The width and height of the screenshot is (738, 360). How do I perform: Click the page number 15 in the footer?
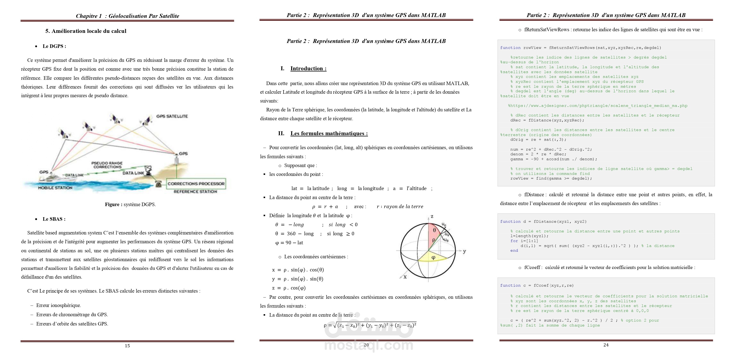127,346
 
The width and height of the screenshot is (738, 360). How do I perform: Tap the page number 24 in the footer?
606,345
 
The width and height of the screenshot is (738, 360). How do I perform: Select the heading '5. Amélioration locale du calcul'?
86,31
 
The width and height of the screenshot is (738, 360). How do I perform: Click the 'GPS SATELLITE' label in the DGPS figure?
172,116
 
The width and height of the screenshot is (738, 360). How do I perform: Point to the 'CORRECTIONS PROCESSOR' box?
196,183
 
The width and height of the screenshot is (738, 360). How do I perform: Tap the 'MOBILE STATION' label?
55,188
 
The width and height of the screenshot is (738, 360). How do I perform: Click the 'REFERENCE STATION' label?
195,192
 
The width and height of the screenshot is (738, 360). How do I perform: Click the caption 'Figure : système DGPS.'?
130,204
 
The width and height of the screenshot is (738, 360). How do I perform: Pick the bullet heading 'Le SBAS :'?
54,219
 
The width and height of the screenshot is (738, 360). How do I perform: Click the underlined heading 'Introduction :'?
308,68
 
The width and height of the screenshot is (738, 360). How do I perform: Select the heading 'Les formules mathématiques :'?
329,133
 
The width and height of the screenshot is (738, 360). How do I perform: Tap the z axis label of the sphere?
432,216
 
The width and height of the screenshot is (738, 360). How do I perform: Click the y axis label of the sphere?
464,251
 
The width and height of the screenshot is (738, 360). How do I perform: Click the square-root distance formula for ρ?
370,325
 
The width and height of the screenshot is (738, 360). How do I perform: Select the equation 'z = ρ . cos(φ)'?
289,288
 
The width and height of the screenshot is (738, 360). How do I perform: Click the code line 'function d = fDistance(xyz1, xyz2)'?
543,222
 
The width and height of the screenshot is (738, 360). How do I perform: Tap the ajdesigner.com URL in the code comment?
598,106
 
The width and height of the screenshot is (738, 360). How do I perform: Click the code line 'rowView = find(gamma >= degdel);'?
551,178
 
